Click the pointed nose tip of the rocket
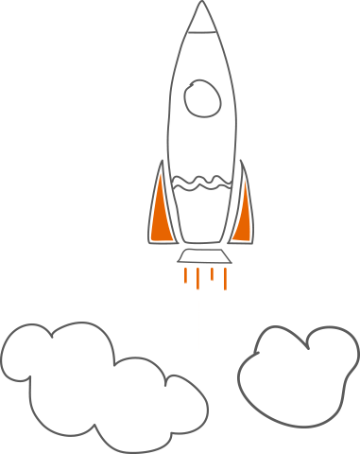pyautogui.click(x=200, y=3)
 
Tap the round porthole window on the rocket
pyautogui.click(x=201, y=96)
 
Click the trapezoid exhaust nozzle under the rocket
pyautogui.click(x=203, y=256)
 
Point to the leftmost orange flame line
pyautogui.click(x=185, y=276)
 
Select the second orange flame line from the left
pyautogui.click(x=197, y=278)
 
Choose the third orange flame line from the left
pyautogui.click(x=213, y=274)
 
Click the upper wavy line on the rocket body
pyautogui.click(x=200, y=177)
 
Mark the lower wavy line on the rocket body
pyautogui.click(x=200, y=187)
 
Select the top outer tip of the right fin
pyautogui.click(x=242, y=162)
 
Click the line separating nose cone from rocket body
pyautogui.click(x=200, y=30)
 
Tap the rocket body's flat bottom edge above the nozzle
pyautogui.click(x=202, y=243)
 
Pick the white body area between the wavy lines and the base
pyautogui.click(x=201, y=216)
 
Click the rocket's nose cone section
pyautogui.click(x=200, y=19)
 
